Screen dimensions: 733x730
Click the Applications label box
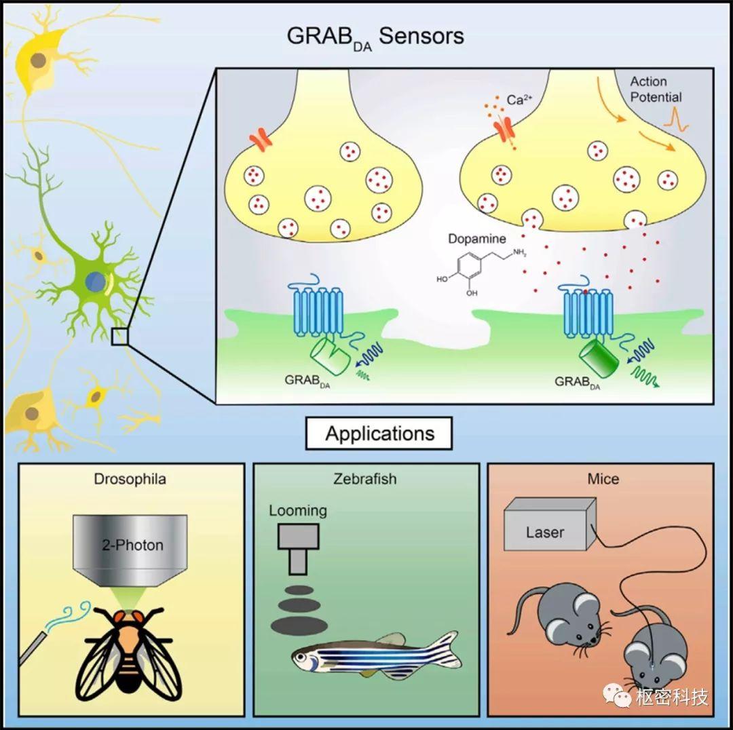379,434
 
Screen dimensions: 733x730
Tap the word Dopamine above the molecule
477,239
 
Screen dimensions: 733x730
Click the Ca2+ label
519,99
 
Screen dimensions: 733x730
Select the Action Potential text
656,90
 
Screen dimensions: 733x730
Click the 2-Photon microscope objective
130,550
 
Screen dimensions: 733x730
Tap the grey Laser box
550,524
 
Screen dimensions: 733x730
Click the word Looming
298,511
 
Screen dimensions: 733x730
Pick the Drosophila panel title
130,479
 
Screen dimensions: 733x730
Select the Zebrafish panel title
365,479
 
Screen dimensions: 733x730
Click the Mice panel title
603,479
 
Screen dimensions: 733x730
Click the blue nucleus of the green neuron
96,282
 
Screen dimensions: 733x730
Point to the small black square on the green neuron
119,337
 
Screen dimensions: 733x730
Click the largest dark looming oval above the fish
299,625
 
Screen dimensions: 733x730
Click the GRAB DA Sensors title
375,37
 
